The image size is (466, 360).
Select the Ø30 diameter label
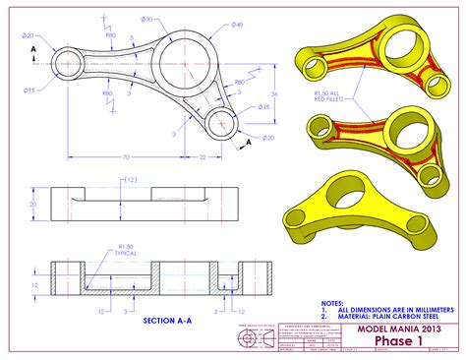coord(146,20)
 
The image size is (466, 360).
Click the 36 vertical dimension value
coord(274,93)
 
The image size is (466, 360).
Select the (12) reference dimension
coord(129,180)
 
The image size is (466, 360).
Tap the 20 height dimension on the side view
coord(32,205)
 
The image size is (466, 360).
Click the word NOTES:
coord(333,302)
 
